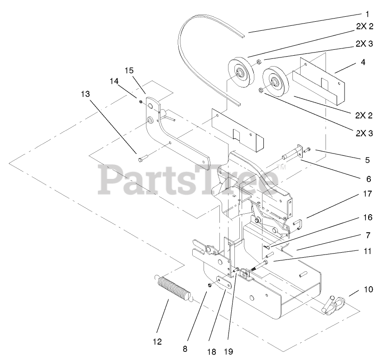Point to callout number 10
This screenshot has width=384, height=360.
367,289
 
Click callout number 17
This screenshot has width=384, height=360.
367,194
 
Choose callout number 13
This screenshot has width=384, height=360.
85,94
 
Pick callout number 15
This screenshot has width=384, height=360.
129,70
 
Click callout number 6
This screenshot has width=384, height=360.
367,178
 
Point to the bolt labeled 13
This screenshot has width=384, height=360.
141,158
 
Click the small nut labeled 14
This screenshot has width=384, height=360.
141,101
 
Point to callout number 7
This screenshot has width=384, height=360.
367,235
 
